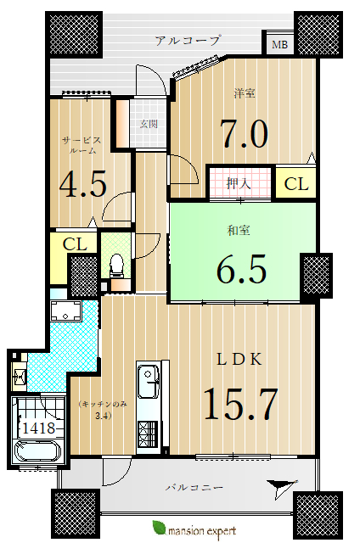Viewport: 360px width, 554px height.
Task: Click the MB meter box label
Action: pos(279,45)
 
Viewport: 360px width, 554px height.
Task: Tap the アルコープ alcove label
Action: pos(188,40)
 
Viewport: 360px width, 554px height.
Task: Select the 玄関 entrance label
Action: pos(149,124)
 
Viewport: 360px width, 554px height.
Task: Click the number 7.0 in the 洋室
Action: pos(244,133)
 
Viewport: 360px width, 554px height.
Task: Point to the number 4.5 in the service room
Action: pos(82,184)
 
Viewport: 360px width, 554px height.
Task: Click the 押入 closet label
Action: pos(238,183)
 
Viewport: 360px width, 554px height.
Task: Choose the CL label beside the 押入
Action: pos(296,184)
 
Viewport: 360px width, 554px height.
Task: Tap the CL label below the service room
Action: pos(75,243)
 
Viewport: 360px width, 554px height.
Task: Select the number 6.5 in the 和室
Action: pos(241,269)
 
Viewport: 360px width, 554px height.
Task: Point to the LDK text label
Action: pos(239,360)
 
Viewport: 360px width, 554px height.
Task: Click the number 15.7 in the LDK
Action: pos(240,404)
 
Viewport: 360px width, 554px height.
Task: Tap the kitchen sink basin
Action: pos(149,382)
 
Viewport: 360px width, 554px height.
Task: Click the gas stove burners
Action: pos(149,434)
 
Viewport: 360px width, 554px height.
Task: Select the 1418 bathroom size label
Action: pos(39,428)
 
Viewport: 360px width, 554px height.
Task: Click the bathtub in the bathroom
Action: pos(37,450)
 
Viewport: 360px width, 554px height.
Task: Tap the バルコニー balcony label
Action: pos(194,488)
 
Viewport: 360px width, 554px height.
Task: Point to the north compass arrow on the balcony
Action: pos(282,489)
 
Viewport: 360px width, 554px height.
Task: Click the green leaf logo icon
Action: pos(159,528)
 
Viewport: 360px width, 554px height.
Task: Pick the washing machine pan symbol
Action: pos(65,311)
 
